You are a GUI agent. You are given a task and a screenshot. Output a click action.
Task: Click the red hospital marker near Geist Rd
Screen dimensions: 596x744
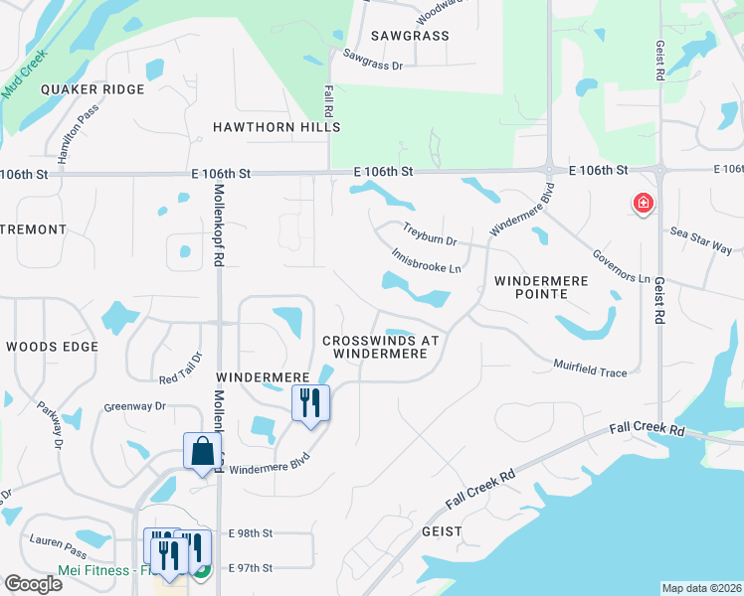tap(644, 205)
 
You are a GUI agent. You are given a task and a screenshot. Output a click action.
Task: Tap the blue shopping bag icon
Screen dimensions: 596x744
tap(203, 451)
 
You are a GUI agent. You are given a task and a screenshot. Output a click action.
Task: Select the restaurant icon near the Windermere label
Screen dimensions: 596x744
tap(310, 403)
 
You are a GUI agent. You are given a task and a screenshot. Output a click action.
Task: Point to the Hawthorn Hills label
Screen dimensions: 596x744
tap(277, 127)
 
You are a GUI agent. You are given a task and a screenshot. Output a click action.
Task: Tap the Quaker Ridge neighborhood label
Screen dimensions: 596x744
tap(93, 89)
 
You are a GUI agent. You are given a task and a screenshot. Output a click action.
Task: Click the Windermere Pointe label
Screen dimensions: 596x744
tap(541, 288)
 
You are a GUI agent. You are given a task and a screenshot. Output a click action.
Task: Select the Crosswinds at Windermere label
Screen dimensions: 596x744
tap(381, 347)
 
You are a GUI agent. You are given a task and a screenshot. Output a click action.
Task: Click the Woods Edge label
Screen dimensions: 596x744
tap(52, 347)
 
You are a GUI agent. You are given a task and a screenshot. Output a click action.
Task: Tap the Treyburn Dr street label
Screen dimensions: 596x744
tap(430, 234)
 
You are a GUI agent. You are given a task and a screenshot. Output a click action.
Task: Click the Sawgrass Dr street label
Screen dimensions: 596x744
tap(372, 60)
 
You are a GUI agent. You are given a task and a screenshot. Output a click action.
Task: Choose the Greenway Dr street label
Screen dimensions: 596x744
tap(134, 406)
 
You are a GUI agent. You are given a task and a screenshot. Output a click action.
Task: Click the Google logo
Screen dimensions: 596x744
tap(32, 584)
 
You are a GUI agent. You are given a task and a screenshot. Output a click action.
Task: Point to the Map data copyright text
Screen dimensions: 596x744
tap(701, 588)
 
